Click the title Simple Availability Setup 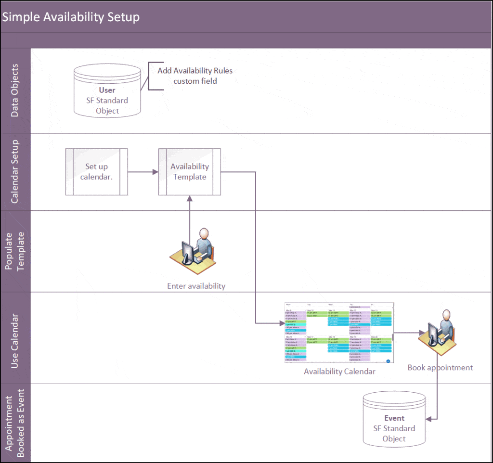(x=71, y=17)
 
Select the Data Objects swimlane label (x=15, y=90)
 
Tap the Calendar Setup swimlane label (x=15, y=171)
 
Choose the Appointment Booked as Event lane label (x=15, y=423)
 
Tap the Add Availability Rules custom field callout (x=195, y=76)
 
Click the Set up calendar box (x=96, y=172)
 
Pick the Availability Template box (x=190, y=172)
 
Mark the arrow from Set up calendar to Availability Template (x=143, y=172)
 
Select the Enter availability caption (x=196, y=286)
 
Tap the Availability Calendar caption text (x=339, y=372)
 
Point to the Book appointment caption (x=440, y=368)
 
